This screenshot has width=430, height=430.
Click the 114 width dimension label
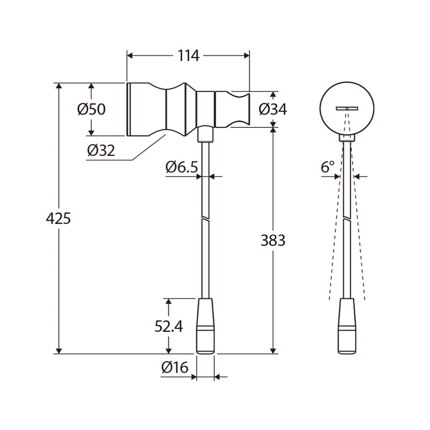[189, 56]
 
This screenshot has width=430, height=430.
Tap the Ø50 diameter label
[91, 109]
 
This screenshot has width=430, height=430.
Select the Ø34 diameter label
[273, 109]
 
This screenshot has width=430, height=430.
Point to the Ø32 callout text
[101, 150]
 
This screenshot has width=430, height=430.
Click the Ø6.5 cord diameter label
[182, 167]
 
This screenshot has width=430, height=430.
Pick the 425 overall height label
[58, 219]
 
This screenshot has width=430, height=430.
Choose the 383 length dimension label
[273, 240]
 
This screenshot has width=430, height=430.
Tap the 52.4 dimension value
[169, 326]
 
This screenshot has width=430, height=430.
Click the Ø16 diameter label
[175, 368]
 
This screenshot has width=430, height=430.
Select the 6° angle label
[327, 167]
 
